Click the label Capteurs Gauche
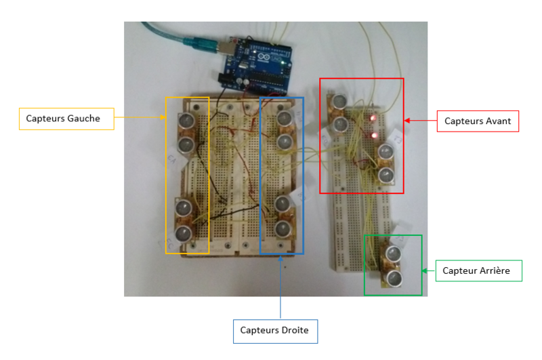point(63,119)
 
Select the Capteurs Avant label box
point(478,121)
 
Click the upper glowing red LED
point(373,119)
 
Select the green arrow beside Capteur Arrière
point(428,271)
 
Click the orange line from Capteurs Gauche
point(139,119)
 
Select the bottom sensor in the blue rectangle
point(283,228)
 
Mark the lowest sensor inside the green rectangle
point(394,277)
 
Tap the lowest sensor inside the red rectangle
point(386,176)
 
